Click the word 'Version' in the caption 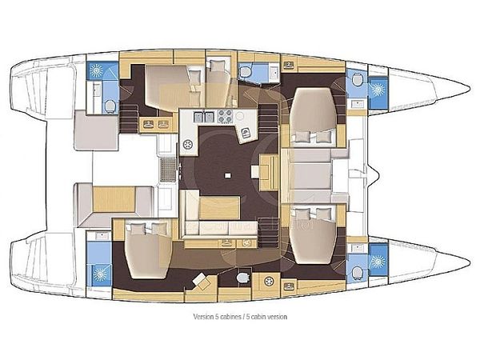coord(203,317)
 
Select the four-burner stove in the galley coord(222,117)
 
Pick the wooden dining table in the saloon coord(219,207)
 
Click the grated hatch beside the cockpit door coord(168,170)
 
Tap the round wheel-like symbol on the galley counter coord(189,145)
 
